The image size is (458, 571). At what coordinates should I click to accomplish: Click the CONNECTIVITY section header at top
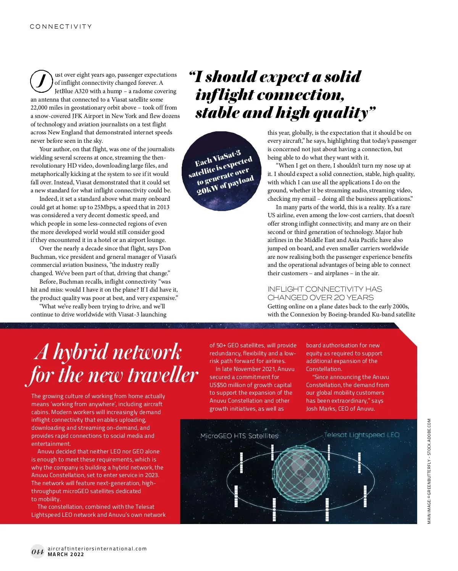pyautogui.click(x=61, y=27)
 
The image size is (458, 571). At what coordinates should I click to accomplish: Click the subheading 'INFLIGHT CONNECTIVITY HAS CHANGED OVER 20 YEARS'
pyautogui.click(x=324, y=293)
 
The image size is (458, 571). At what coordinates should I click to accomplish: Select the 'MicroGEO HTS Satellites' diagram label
pyautogui.click(x=239, y=436)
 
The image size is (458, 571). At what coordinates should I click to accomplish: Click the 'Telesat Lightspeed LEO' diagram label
pyautogui.click(x=361, y=435)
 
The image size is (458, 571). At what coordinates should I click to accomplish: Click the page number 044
pyautogui.click(x=37, y=552)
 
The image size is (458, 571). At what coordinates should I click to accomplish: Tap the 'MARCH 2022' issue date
pyautogui.click(x=66, y=555)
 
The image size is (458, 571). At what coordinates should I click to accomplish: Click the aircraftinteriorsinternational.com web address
pyautogui.click(x=97, y=548)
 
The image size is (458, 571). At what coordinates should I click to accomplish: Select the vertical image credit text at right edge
pyautogui.click(x=429, y=471)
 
